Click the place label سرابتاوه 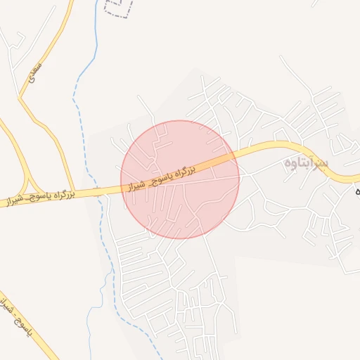(x=307, y=163)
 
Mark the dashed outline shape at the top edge (x=118, y=8)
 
